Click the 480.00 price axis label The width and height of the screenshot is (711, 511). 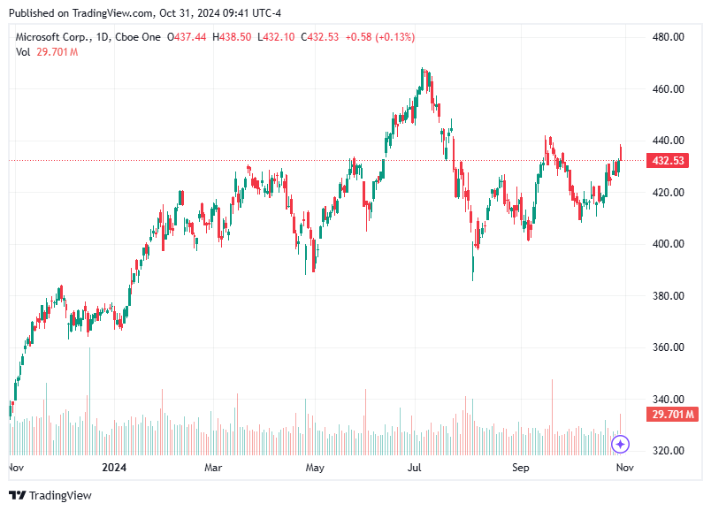[668, 37]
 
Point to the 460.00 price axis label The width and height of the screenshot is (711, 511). [668, 89]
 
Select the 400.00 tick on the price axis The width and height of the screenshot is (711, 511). [668, 244]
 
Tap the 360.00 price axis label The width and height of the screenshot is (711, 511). [668, 347]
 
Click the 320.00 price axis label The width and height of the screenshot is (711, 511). [668, 451]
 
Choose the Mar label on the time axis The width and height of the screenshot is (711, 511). [213, 467]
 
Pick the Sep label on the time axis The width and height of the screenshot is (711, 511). [520, 467]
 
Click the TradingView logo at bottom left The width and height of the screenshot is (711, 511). [50, 496]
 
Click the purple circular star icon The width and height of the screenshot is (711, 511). [621, 444]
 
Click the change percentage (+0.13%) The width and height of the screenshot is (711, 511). [394, 37]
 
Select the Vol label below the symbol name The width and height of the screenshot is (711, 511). [23, 52]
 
